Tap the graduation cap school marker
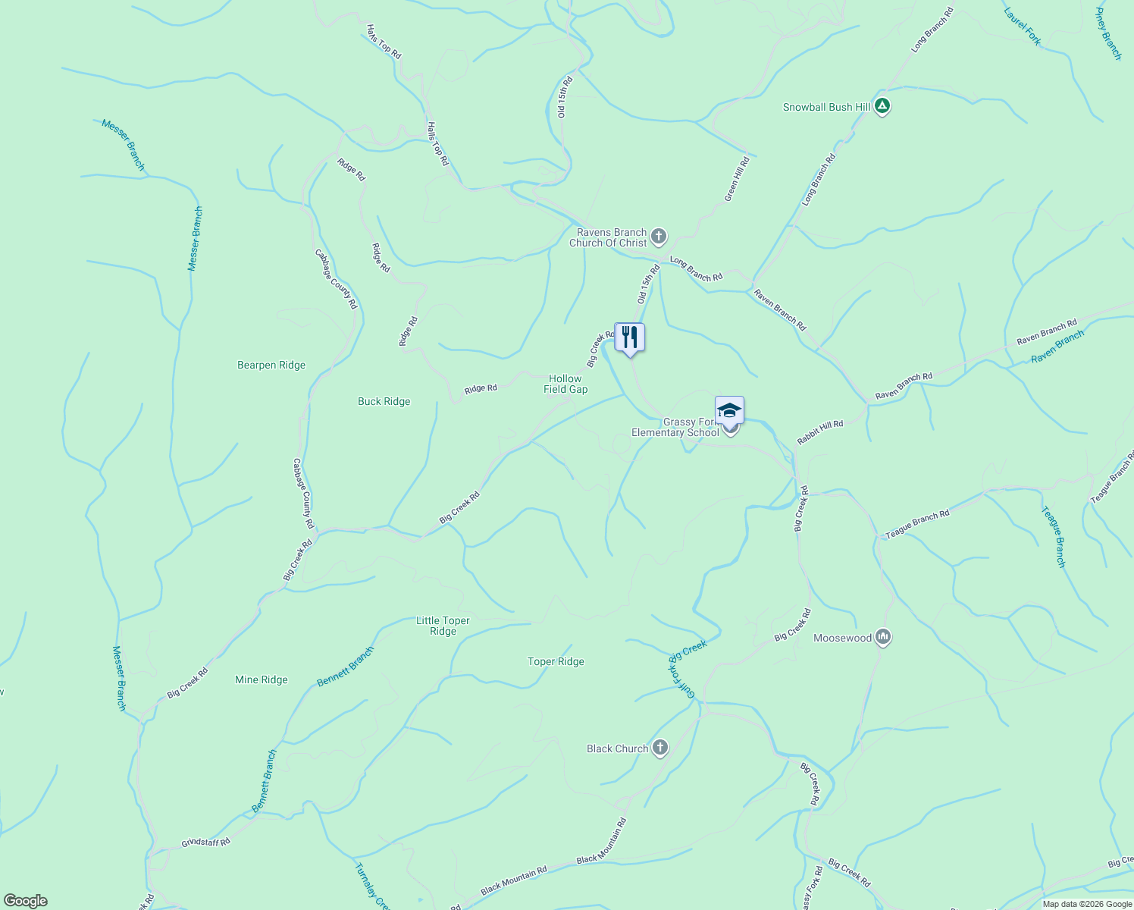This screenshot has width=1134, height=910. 729,410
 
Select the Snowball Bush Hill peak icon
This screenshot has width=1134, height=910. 882,106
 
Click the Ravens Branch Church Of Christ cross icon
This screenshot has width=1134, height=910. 659,237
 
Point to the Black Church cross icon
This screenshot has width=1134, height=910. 660,748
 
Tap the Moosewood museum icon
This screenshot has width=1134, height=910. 882,637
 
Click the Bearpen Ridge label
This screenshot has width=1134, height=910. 271,365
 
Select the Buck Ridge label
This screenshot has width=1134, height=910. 384,401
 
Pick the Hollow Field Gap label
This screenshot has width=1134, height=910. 565,384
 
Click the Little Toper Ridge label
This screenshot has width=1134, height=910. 443,626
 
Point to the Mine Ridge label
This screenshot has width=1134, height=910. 262,679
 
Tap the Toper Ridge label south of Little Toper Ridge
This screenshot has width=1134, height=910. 556,661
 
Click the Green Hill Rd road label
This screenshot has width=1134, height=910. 736,178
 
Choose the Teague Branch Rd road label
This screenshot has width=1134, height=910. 917,525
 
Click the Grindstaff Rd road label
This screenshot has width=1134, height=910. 205,843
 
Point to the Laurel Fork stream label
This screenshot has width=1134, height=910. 1022,27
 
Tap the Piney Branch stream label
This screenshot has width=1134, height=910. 1108,34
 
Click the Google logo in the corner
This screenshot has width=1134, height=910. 26,901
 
